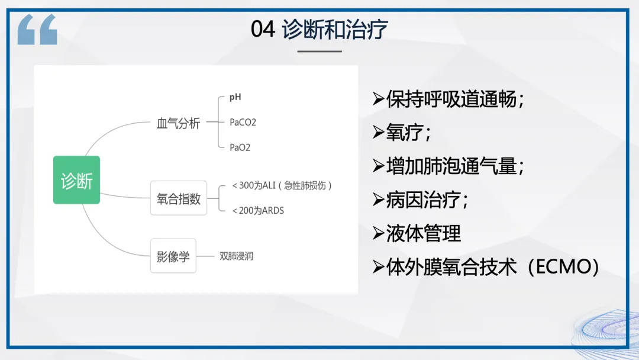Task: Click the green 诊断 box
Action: (x=76, y=180)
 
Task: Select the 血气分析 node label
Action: (x=179, y=123)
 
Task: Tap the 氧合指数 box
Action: (x=179, y=198)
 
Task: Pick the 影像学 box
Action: (x=173, y=256)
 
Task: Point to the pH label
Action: (x=235, y=97)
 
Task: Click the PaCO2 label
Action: (x=243, y=123)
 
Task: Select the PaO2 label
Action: (x=240, y=147)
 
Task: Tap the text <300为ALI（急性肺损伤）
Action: (x=282, y=185)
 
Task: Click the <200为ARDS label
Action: (x=258, y=210)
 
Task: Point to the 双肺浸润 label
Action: (x=236, y=256)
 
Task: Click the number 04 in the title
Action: (x=263, y=30)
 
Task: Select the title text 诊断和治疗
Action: (x=334, y=30)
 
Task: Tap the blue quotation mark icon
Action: (x=37, y=30)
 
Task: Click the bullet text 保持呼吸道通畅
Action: (x=451, y=99)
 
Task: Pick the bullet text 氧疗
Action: (x=405, y=133)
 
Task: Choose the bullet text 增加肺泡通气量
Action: (x=451, y=166)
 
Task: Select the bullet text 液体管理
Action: (x=424, y=233)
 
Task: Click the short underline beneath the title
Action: (x=319, y=52)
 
